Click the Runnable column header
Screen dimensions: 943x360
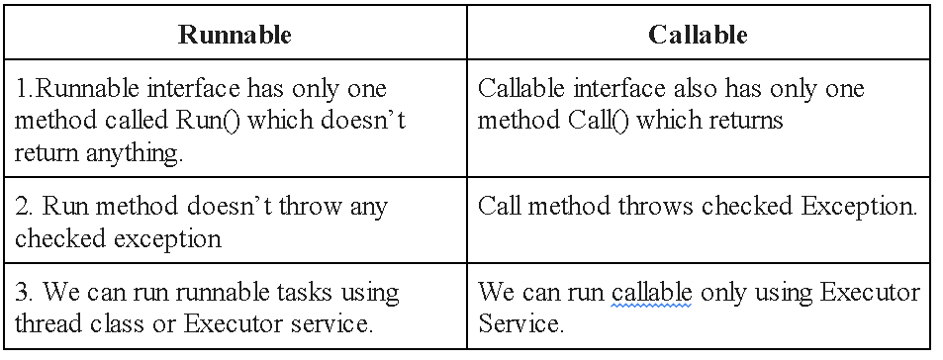[x=235, y=36]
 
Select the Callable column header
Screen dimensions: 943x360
[x=698, y=36]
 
